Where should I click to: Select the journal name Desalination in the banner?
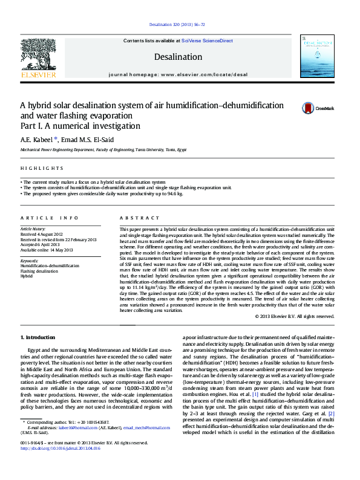pyautogui.click(x=178, y=57)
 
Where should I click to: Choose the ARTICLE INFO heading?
pyautogui.click(x=49, y=218)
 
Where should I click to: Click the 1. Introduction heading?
pyautogui.click(x=38, y=337)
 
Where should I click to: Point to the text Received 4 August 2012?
pyautogui.click(x=42, y=234)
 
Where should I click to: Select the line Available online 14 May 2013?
pyautogui.click(x=47, y=249)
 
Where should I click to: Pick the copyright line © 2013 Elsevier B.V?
pyautogui.click(x=294, y=316)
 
